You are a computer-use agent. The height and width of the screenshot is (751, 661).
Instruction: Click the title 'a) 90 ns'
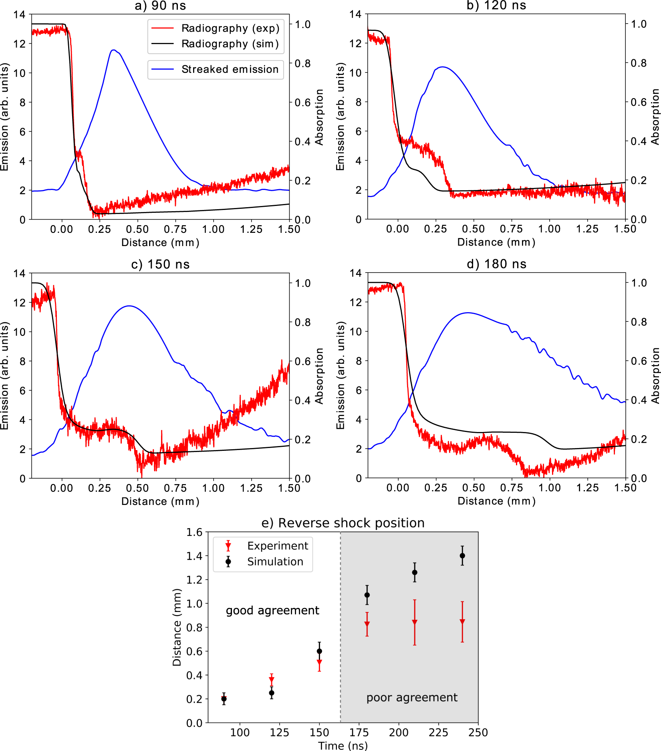pos(160,6)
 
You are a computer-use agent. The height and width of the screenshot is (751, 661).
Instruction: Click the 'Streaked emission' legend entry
pos(230,69)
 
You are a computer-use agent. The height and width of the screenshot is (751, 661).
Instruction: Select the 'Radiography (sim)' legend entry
pos(230,44)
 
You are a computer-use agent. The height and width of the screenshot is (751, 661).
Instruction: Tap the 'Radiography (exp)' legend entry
pos(230,28)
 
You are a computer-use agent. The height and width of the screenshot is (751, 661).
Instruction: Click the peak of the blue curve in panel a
pos(114,50)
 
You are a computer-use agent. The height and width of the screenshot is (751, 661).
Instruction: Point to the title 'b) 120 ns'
pos(496,6)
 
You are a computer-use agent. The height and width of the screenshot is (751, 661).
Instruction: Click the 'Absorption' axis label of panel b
pos(655,117)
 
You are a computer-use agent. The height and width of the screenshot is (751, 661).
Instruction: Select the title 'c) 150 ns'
pos(160,264)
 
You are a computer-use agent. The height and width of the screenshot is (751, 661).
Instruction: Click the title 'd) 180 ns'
pos(496,264)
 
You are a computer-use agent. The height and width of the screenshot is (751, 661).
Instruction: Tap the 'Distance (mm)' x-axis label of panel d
pos(496,501)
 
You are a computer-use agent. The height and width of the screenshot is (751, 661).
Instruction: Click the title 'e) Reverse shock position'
pos(343,523)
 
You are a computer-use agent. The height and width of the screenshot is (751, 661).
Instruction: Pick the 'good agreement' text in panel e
pos(272,610)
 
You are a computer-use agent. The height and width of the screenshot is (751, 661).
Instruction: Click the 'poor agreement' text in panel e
pos(412,698)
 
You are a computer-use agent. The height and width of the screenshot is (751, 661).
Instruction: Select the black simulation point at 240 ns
pos(462,556)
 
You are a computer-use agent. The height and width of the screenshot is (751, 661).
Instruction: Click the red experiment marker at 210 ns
pos(415,622)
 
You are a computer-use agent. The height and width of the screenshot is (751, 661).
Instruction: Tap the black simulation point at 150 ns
pos(319,651)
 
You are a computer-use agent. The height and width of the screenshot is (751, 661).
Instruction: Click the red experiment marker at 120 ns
pos(272,680)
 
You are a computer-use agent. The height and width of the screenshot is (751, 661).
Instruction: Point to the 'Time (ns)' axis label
pos(343,745)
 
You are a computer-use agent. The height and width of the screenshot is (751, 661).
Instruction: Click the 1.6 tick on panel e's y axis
pos(194,532)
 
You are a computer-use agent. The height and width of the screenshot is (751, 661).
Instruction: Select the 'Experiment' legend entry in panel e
pos(277,546)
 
